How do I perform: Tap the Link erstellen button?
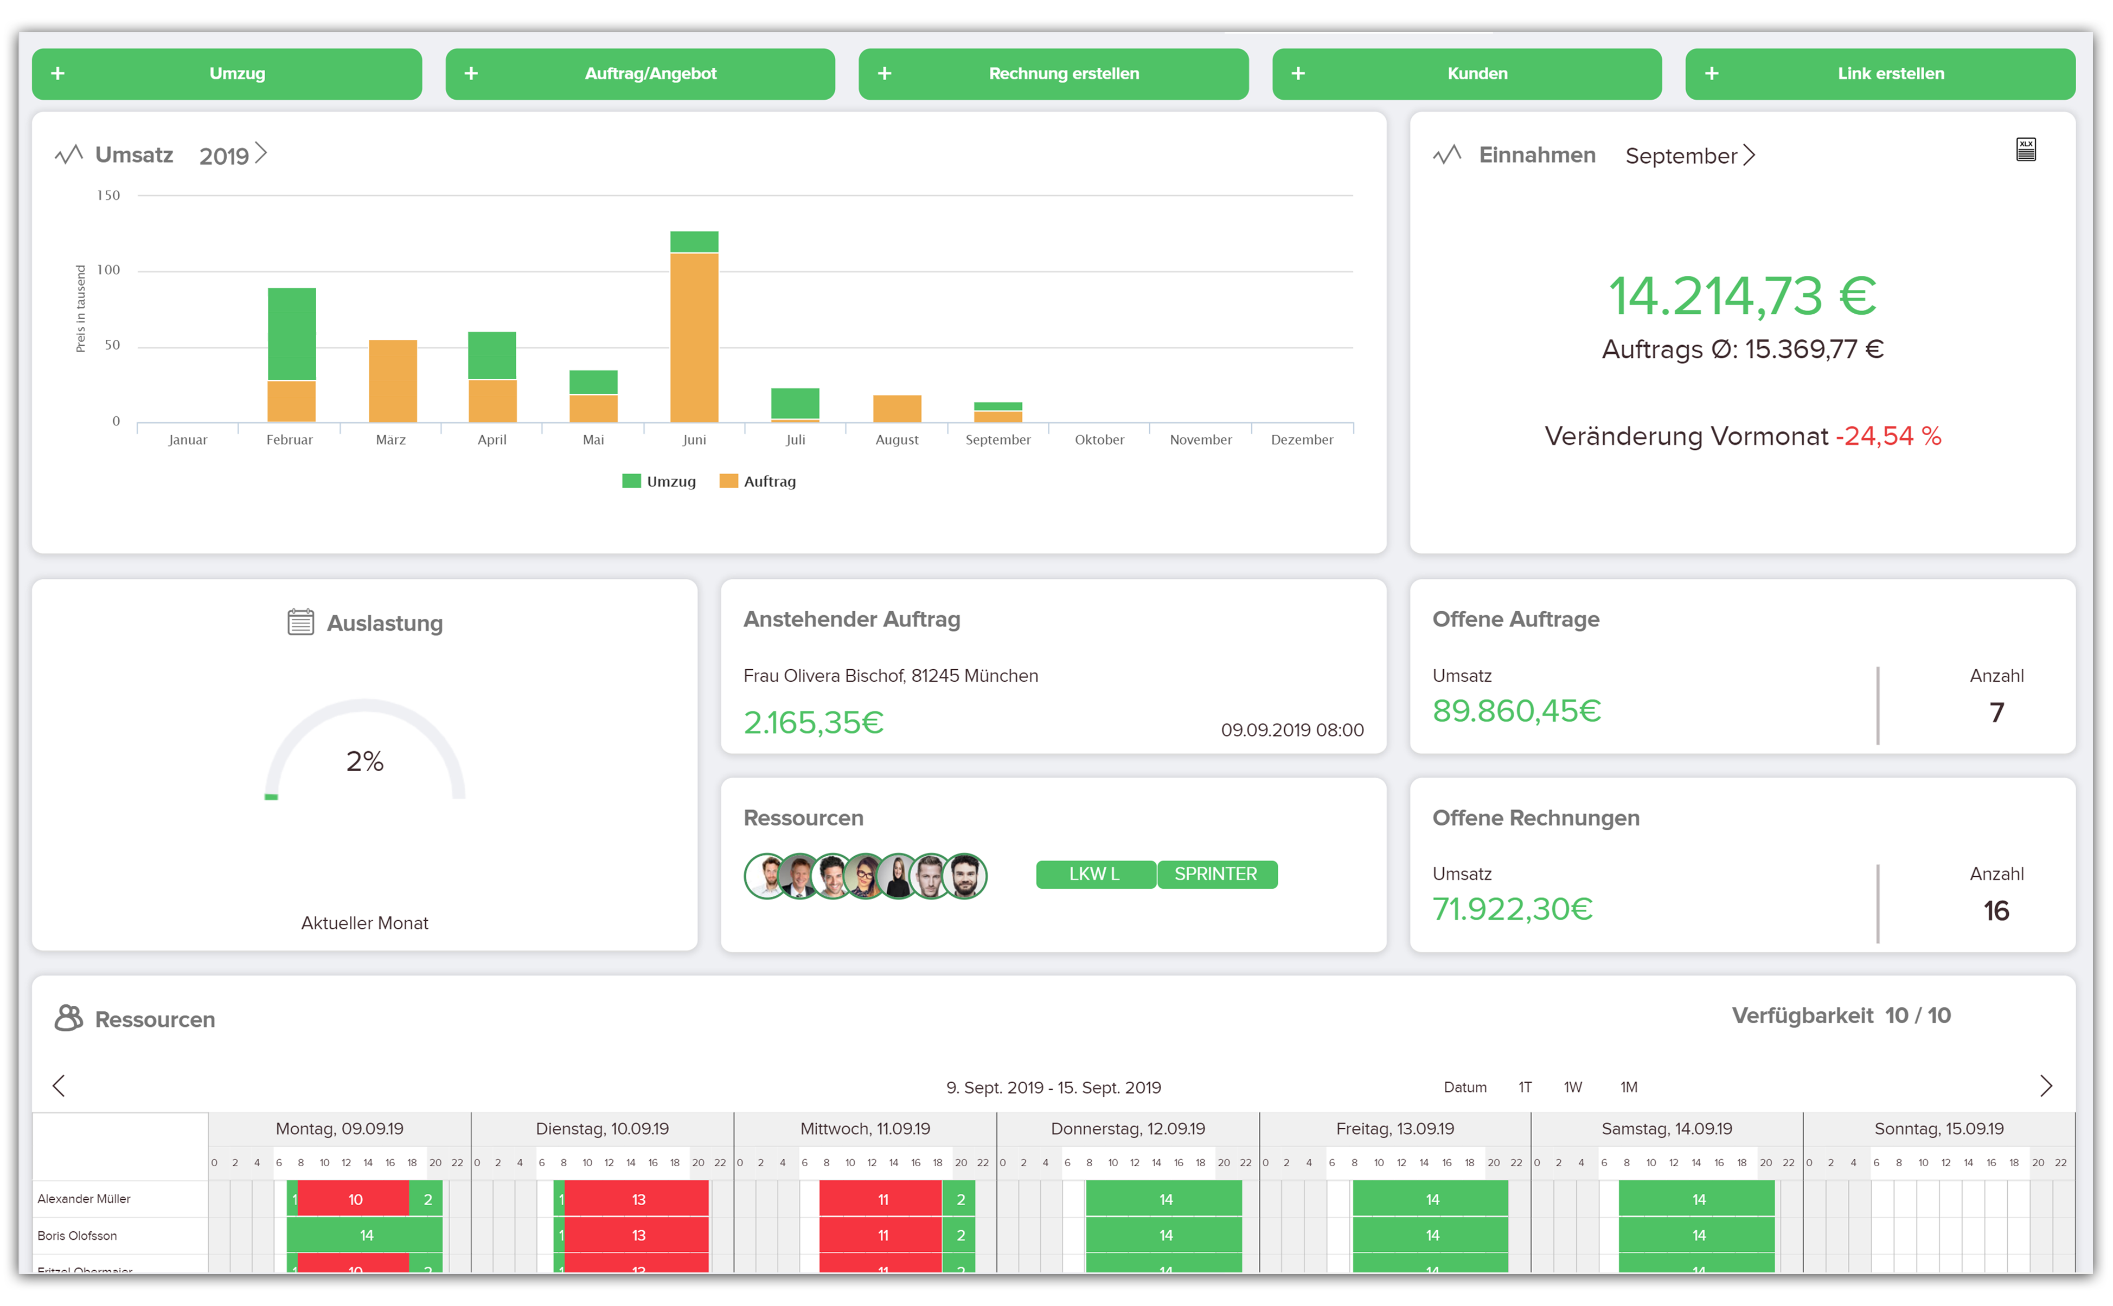coord(1880,73)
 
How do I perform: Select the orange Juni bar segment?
coord(694,337)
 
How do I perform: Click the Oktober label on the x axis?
coord(1099,439)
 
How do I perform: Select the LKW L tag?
coord(1094,874)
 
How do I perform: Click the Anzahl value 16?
coord(1995,910)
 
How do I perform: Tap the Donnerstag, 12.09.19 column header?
coord(1127,1129)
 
